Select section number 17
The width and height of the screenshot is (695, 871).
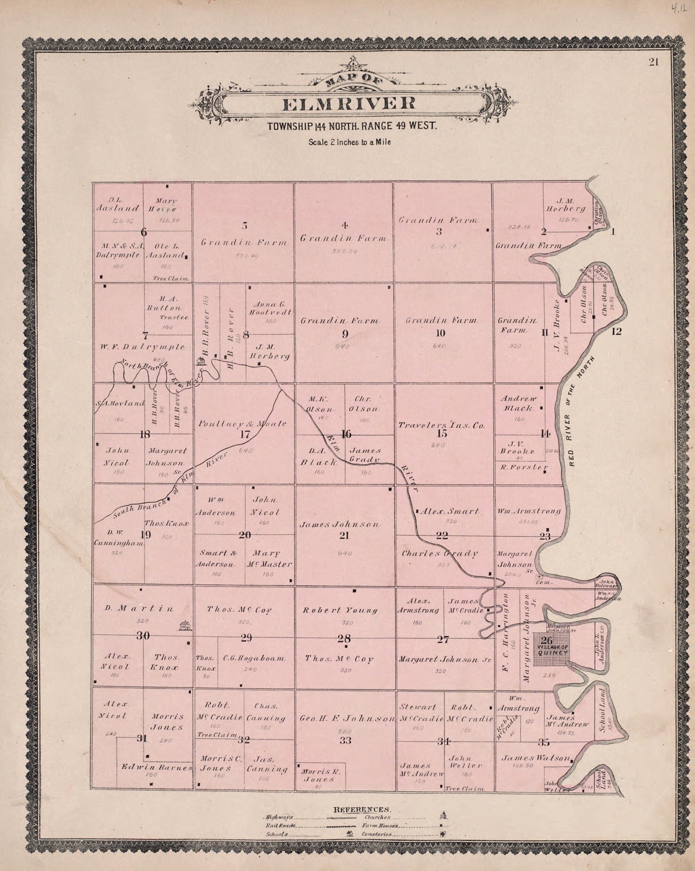pyautogui.click(x=245, y=435)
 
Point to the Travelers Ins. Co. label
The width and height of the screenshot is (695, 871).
pyautogui.click(x=441, y=425)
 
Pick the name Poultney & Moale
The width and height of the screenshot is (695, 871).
pyautogui.click(x=243, y=424)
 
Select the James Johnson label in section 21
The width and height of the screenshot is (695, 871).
pyautogui.click(x=339, y=525)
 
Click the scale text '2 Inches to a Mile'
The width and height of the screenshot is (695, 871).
pyautogui.click(x=350, y=142)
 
